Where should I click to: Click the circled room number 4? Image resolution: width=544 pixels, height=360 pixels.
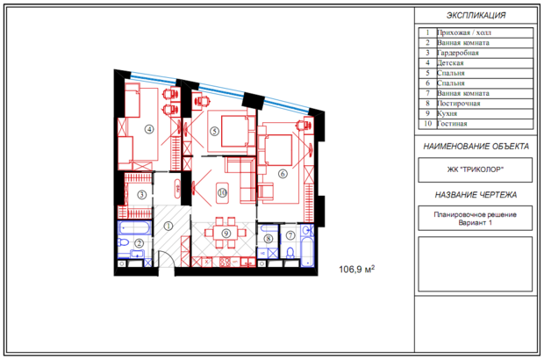(149, 129)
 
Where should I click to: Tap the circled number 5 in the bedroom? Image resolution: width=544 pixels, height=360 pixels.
(214, 131)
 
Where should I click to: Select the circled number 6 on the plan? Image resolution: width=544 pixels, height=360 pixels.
(283, 174)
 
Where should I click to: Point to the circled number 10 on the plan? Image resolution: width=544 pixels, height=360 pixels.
(222, 192)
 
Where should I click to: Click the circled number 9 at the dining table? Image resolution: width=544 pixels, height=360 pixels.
(225, 234)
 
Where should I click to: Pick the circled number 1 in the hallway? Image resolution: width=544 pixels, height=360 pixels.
(168, 227)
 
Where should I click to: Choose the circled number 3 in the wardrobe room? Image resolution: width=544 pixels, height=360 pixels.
(141, 195)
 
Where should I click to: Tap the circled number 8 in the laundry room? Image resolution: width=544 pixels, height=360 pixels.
(268, 239)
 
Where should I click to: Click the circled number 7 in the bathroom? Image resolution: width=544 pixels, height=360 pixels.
(290, 235)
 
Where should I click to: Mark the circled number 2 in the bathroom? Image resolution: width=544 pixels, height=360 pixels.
(140, 243)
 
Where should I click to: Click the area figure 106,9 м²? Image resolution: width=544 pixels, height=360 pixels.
(356, 269)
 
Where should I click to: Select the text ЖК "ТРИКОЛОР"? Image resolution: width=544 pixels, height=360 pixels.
(475, 169)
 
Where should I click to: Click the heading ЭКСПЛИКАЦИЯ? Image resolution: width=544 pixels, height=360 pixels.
(476, 15)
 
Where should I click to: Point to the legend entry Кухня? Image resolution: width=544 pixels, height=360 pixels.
(447, 113)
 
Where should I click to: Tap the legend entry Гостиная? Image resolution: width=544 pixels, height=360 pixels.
(452, 124)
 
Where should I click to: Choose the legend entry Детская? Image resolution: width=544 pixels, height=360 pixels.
(450, 63)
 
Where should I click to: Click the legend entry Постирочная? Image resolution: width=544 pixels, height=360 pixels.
(458, 104)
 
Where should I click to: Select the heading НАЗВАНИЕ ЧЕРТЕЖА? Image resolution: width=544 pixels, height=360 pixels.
(476, 195)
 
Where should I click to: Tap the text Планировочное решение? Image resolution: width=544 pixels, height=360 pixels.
(475, 214)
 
